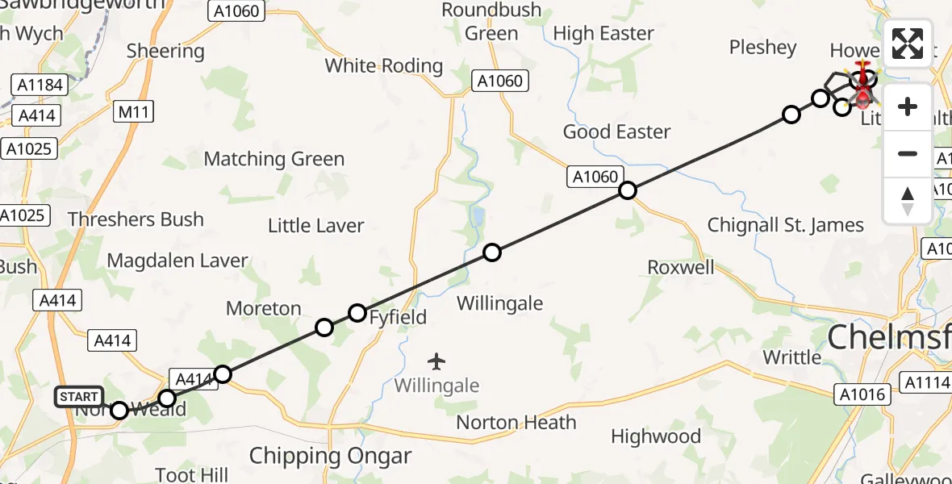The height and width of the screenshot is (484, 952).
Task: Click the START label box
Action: (x=78, y=397)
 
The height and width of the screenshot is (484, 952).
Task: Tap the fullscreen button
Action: (x=908, y=44)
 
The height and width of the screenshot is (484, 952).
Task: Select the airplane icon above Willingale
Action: (x=436, y=361)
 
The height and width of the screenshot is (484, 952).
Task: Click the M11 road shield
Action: (x=133, y=112)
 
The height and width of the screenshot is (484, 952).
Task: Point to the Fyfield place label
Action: (x=398, y=317)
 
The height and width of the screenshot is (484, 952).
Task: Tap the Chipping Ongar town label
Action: (x=330, y=456)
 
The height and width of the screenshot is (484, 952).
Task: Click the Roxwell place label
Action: (x=681, y=267)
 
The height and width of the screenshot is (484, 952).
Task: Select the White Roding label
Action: (x=384, y=65)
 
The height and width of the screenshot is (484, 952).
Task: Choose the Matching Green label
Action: (x=273, y=159)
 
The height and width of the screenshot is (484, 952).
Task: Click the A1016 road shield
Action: (x=863, y=394)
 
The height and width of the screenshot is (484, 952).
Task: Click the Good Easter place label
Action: (x=616, y=131)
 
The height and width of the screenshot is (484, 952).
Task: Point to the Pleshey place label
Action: (x=762, y=48)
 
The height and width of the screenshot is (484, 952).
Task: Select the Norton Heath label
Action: (x=516, y=422)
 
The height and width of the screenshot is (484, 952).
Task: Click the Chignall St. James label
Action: (x=785, y=225)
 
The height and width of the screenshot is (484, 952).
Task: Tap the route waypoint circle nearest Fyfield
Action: (x=357, y=313)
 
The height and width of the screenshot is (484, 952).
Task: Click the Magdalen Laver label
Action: (x=177, y=261)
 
